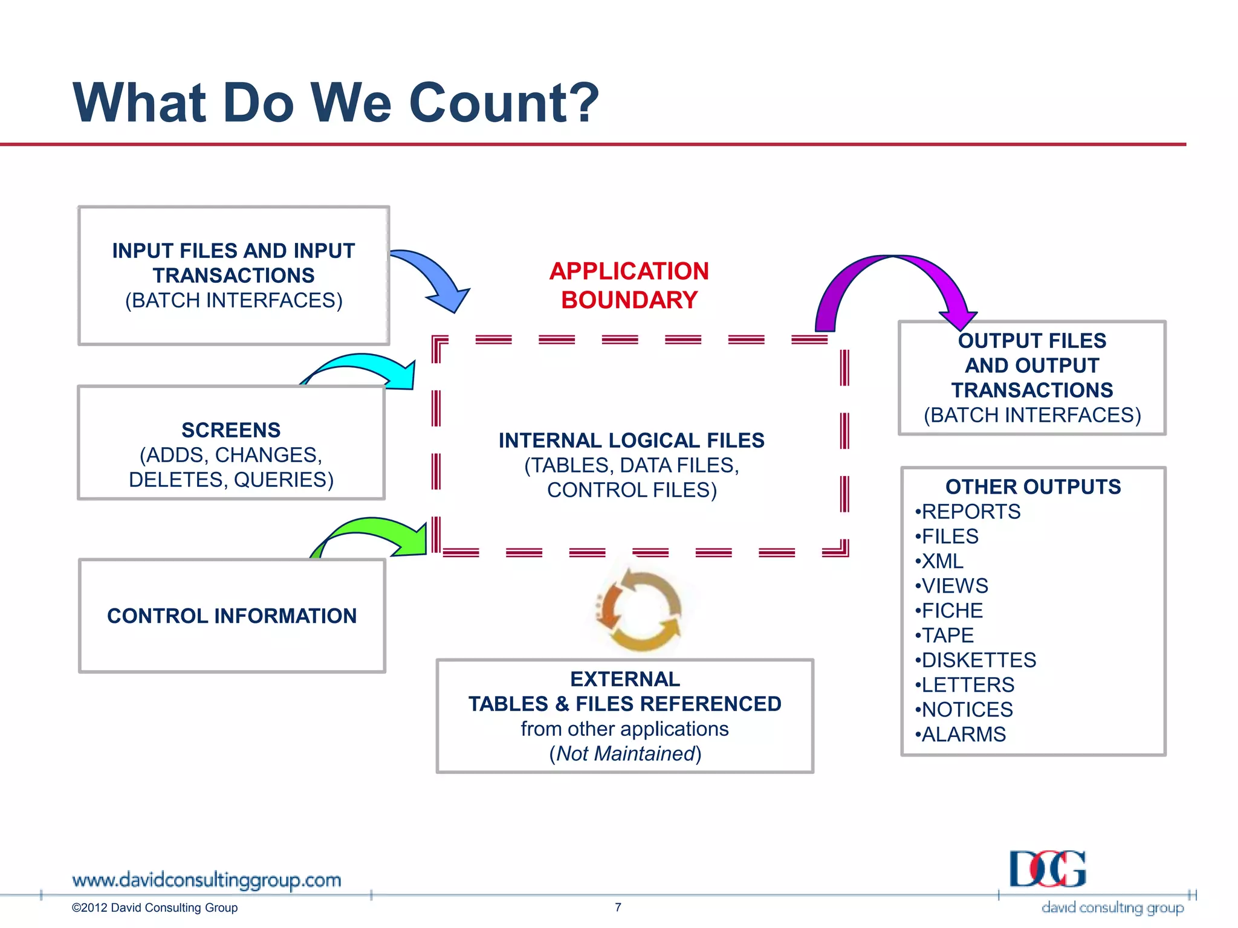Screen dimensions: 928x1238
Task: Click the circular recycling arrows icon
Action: (x=640, y=610)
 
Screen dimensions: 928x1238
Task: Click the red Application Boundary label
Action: (x=629, y=285)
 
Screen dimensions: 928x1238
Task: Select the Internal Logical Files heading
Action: (x=631, y=440)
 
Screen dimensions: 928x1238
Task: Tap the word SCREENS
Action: (x=231, y=430)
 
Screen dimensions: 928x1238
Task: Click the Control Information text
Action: (x=232, y=616)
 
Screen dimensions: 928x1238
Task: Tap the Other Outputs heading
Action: (x=1032, y=486)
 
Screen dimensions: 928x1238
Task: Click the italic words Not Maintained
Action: (x=626, y=753)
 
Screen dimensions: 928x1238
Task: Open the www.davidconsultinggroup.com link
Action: (x=206, y=880)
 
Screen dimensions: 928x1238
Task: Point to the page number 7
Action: (x=618, y=907)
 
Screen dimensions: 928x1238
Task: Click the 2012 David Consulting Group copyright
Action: (x=155, y=907)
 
